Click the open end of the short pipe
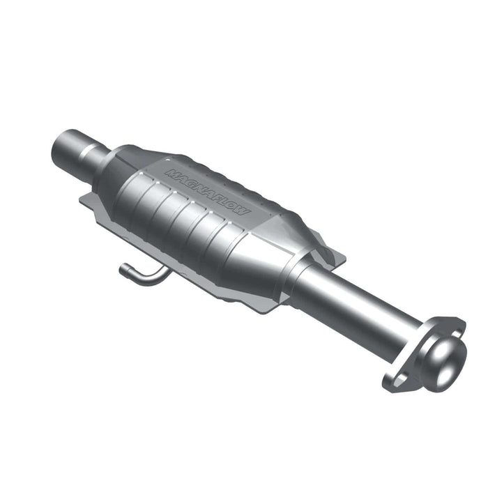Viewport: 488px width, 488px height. (60, 144)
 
